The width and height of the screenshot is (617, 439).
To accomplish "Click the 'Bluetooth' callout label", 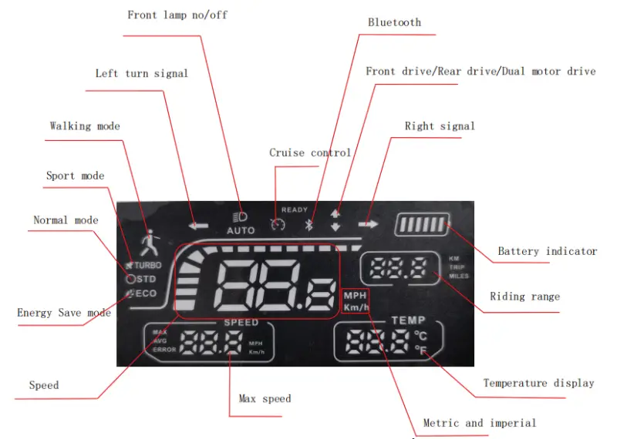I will [x=394, y=22].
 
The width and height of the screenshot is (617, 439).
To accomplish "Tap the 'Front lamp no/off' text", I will [x=177, y=15].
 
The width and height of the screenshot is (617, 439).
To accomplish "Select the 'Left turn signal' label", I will [x=141, y=74].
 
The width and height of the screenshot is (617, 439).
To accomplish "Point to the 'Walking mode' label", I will [x=85, y=126].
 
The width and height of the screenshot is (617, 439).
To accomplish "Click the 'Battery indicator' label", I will [x=547, y=251].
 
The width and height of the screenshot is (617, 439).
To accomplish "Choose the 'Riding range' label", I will [x=524, y=297].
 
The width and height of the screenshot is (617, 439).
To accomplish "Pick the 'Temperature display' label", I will [x=538, y=383].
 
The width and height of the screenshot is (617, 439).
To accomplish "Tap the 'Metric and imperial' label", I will [x=479, y=423].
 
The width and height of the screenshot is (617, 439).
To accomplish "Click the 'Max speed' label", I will [x=265, y=398].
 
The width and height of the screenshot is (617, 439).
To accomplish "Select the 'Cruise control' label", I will [x=310, y=152].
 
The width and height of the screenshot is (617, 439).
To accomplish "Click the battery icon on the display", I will [x=421, y=226].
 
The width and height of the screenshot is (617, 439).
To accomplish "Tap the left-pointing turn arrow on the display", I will [x=199, y=226].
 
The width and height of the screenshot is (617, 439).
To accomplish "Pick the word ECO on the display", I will [x=147, y=293].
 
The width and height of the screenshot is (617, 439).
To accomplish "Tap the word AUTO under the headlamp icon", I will [x=241, y=230].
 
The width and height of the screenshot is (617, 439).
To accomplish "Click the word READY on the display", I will [x=294, y=209].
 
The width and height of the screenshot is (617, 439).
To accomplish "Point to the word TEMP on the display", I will [x=408, y=320].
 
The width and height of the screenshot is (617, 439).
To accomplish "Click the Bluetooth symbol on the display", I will [x=306, y=225].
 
